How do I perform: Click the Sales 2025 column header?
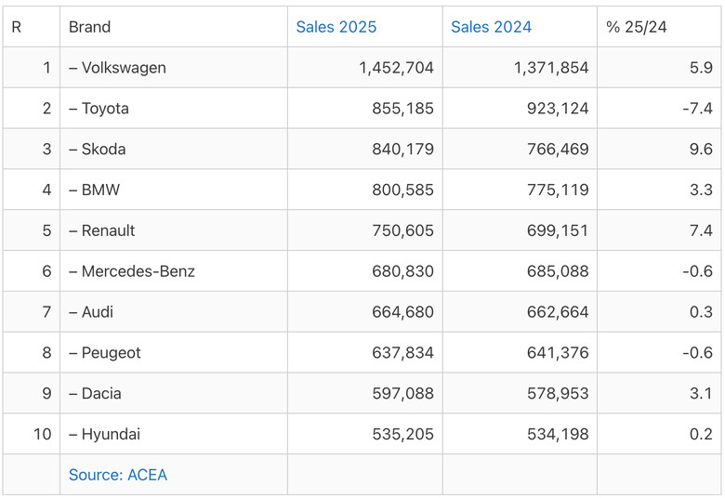pos(336,27)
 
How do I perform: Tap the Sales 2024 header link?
pos(491,27)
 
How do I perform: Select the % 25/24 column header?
pos(636,27)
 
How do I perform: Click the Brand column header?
pos(90,27)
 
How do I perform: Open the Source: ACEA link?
pos(118,475)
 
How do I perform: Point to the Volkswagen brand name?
pos(124,68)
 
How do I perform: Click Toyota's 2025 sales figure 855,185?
pos(402,109)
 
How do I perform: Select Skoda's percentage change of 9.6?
pos(701,150)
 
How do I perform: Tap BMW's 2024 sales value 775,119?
pos(558,190)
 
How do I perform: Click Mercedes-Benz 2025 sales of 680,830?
pos(402,271)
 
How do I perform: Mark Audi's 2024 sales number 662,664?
pos(558,312)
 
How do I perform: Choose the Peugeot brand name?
pos(111,353)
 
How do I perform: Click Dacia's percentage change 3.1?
pos(701,394)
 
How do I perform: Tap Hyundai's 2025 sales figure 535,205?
pos(402,434)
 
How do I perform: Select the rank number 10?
pos(42,434)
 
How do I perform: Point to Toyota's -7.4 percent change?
pos(698,109)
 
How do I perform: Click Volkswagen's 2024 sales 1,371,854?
pos(551,68)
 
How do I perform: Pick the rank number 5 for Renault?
pos(46,230)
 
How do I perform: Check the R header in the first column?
pos(16,27)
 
